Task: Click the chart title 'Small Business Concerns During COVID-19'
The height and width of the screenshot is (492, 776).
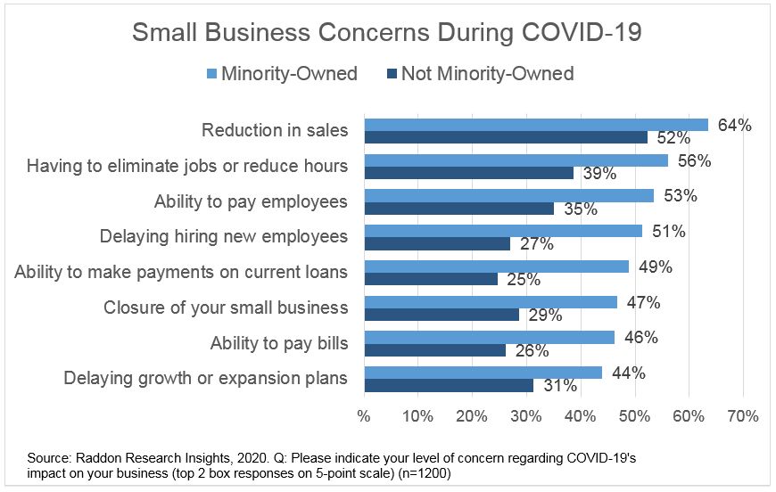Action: (x=387, y=33)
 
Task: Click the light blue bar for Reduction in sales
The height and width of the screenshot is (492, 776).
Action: (x=535, y=125)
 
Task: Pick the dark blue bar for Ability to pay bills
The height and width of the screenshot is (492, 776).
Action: (x=434, y=349)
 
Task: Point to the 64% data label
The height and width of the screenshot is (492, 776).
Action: (x=734, y=126)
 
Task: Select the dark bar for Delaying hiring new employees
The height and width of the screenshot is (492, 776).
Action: (x=436, y=243)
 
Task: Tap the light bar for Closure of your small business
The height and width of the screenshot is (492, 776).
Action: (x=490, y=302)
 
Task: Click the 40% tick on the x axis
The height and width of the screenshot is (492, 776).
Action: (x=580, y=416)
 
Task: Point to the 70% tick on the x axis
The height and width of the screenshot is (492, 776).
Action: (x=742, y=416)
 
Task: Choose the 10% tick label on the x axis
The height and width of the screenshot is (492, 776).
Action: (x=417, y=416)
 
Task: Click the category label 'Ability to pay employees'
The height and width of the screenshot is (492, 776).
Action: (x=251, y=201)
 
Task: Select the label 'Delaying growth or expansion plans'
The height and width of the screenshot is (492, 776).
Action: (x=205, y=378)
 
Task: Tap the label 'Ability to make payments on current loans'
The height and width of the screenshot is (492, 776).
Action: (x=181, y=272)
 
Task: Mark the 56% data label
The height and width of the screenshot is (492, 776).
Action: (x=693, y=161)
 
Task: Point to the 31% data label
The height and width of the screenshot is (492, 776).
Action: (x=559, y=386)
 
